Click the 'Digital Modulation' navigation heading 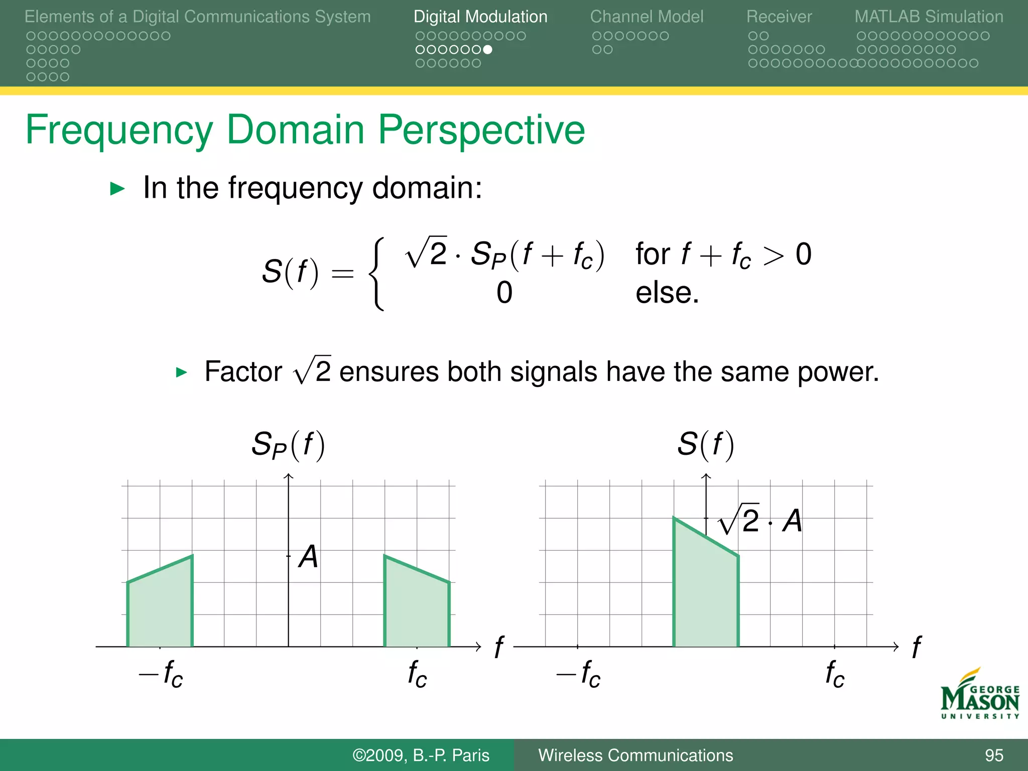pos(480,17)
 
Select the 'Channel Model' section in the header pos(647,17)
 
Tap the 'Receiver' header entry pos(779,17)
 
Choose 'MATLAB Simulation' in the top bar pos(929,17)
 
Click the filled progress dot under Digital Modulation pos(487,50)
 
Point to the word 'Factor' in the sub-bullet pos(243,372)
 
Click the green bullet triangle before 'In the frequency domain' pos(117,189)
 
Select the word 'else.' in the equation pos(667,293)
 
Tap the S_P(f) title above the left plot pos(288,445)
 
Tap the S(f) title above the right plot pos(705,445)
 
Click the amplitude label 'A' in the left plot pos(308,557)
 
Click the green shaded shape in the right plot pos(705,592)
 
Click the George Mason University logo pos(979,695)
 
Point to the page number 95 pos(993,755)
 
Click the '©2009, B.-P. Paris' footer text pos(421,755)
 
